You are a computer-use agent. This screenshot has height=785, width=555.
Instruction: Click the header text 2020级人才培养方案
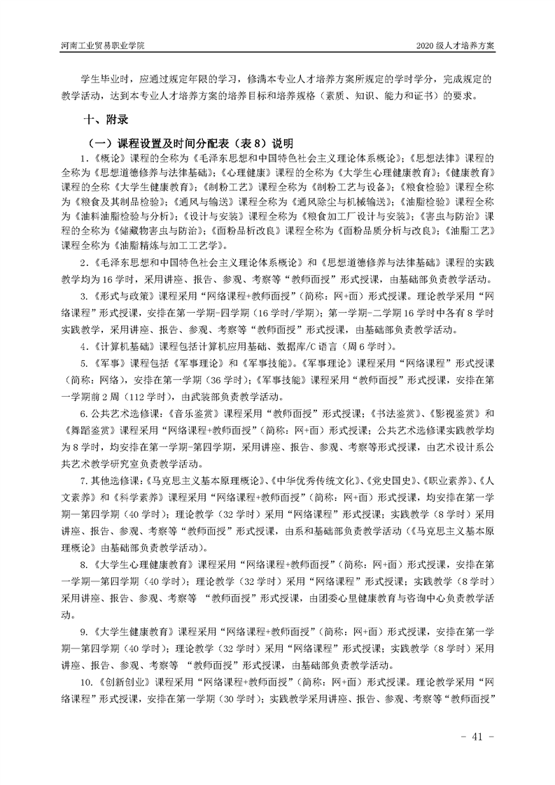(x=455, y=45)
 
